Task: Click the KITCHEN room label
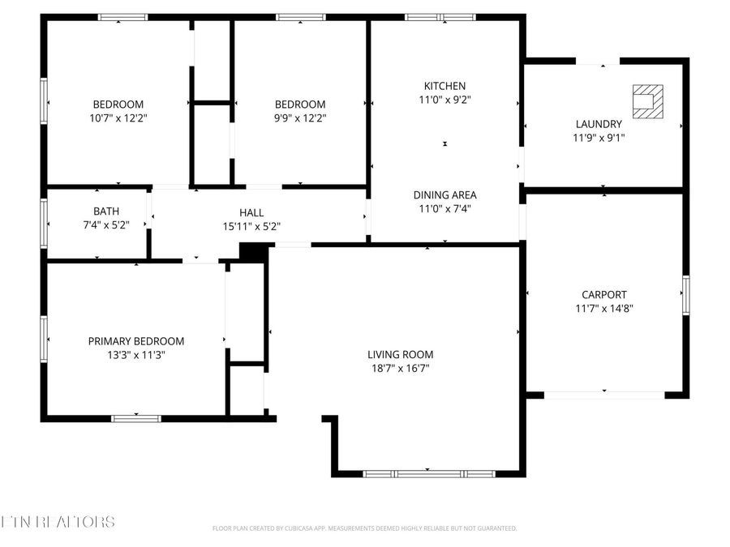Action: [444, 86]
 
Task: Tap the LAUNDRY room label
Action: [599, 124]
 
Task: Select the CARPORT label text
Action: [603, 295]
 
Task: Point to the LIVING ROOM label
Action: [400, 354]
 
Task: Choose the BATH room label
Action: [105, 212]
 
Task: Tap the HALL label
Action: [251, 212]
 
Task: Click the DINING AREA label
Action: [444, 194]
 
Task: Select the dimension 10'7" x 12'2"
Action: [118, 118]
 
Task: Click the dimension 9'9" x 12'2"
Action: [300, 118]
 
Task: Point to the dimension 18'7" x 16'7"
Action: [400, 368]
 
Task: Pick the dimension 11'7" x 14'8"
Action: [603, 308]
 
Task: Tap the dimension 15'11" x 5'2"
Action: [251, 225]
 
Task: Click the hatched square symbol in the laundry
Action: [646, 102]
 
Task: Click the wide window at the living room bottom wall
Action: [428, 473]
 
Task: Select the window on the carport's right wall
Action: [685, 295]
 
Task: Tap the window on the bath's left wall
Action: [44, 222]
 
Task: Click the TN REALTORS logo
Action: [58, 521]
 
